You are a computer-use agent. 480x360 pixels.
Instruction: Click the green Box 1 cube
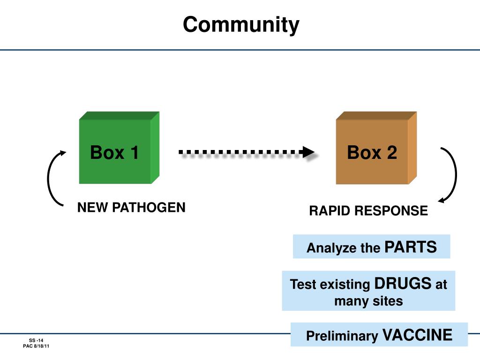coord(119,148)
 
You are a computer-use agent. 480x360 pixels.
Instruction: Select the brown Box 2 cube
coord(376,148)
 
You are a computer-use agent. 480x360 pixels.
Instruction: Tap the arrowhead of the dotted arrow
coord(308,152)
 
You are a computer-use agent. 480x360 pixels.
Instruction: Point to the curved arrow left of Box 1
coord(48,178)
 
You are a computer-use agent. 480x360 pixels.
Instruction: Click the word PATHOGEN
coord(149,208)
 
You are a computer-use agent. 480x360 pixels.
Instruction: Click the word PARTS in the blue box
coord(411,247)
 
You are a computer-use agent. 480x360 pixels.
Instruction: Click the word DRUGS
coord(403,284)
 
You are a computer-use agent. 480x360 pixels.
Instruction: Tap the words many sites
coord(368,301)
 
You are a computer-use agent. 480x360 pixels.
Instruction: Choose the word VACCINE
coord(417,335)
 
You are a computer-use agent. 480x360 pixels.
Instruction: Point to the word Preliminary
coord(342,336)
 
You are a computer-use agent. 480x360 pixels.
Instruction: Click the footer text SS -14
coord(36,340)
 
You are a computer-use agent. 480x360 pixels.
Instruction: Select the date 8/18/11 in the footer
coord(42,346)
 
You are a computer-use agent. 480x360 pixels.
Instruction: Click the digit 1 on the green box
coord(135,152)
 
